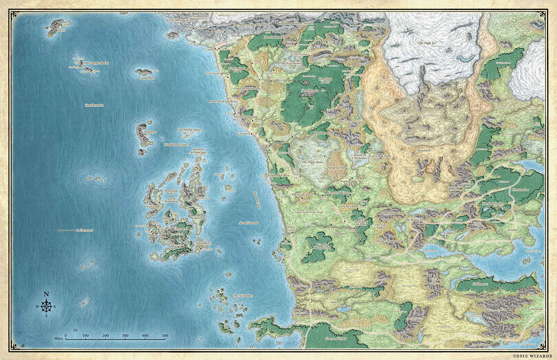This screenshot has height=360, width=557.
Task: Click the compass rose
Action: coord(46,307)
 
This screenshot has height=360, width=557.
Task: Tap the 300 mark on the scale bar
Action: coord(125,336)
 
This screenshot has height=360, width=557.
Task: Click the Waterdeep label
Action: coord(244,134)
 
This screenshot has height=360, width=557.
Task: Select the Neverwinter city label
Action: coord(214,73)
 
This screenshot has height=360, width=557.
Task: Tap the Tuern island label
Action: coord(61,30)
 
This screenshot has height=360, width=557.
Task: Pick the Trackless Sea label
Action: coord(94,106)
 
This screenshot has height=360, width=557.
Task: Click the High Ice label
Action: coord(427,43)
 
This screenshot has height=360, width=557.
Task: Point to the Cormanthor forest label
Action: coord(522,189)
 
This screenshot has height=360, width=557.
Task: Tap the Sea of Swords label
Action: coord(249,223)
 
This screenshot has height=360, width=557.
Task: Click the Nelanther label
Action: coord(243,296)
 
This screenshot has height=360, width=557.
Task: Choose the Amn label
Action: coord(333,302)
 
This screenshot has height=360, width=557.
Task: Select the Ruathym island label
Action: coord(151,132)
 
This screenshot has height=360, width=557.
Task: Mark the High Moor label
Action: coord(312,163)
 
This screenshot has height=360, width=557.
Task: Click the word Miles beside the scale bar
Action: coord(58,339)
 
